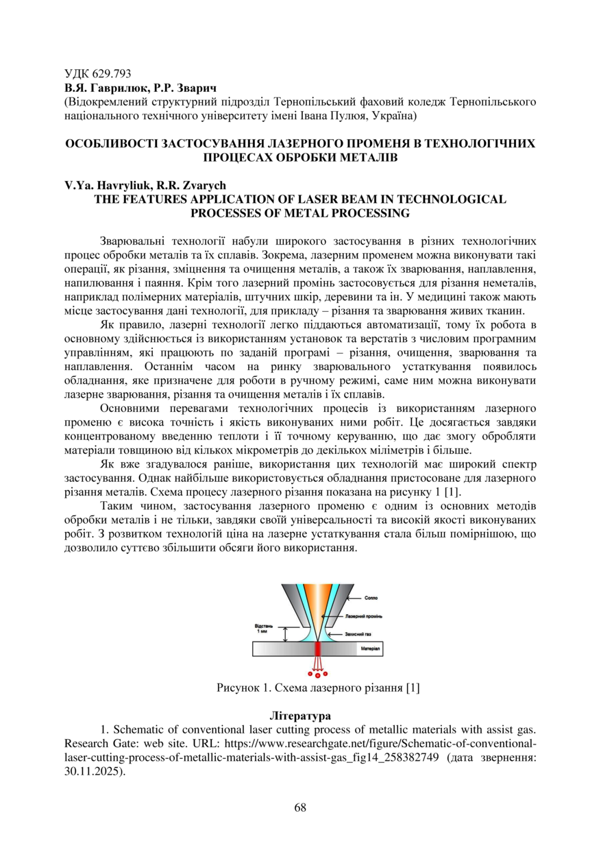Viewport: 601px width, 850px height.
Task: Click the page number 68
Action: [300, 807]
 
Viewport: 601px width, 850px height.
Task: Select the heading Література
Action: [300, 716]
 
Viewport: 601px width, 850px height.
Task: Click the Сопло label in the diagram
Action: [371, 598]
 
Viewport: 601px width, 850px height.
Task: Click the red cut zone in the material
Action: [317, 648]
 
